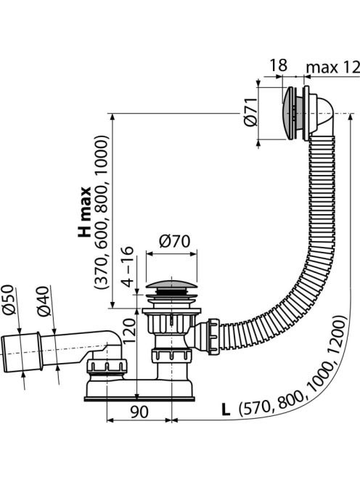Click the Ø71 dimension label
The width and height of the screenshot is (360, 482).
tap(251, 112)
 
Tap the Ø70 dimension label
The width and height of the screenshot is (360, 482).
tap(175, 241)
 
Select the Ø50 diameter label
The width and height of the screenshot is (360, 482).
tap(9, 299)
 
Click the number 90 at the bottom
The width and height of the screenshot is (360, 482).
tap(139, 412)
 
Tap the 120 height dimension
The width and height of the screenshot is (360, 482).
tap(129, 331)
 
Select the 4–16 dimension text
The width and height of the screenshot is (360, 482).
tap(128, 266)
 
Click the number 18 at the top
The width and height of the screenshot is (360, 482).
tap(279, 65)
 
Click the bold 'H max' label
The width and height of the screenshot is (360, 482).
tap(84, 211)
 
